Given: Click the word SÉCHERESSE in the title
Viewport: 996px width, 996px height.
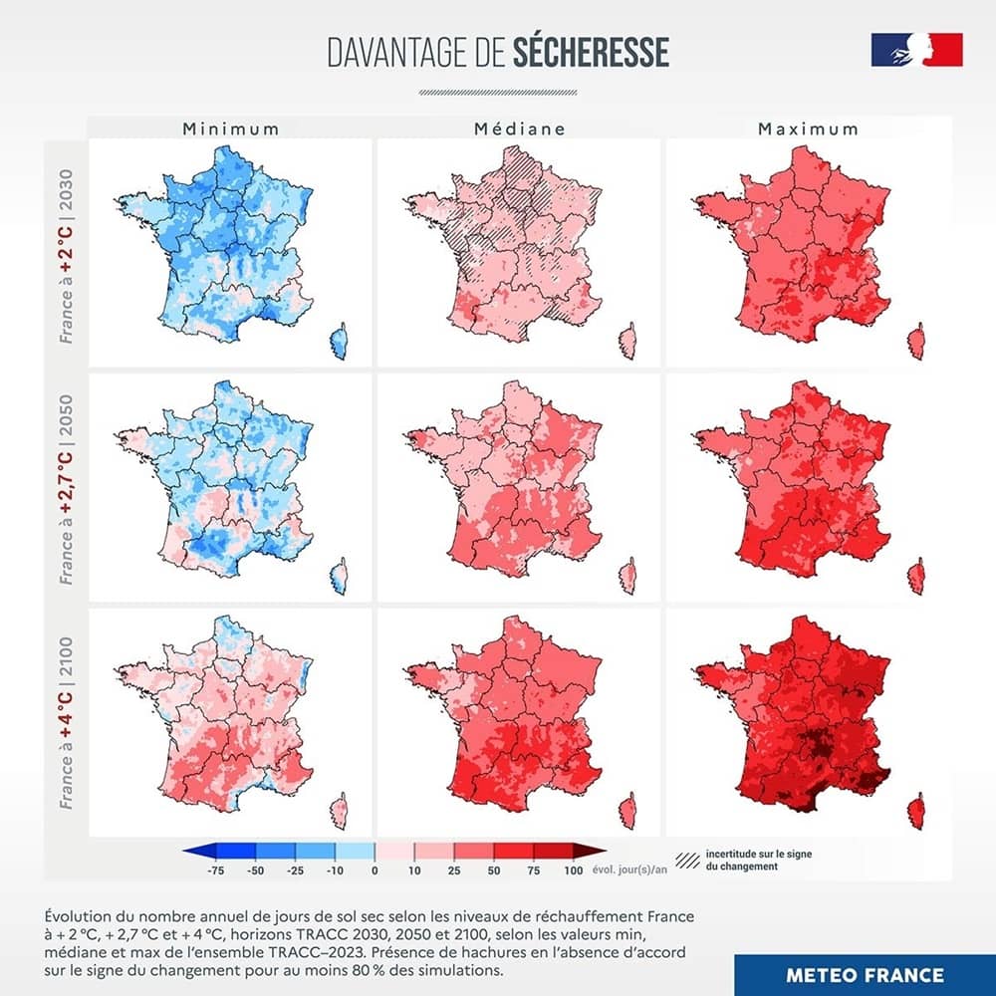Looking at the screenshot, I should tap(591, 54).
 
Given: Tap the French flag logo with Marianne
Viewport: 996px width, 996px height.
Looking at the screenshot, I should tap(916, 50).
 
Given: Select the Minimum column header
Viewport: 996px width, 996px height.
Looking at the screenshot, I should tap(230, 128).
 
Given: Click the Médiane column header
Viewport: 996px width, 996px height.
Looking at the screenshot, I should tap(519, 128).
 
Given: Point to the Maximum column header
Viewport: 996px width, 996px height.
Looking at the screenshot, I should tap(808, 128).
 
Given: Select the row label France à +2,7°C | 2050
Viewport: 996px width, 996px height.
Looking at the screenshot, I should tap(67, 488).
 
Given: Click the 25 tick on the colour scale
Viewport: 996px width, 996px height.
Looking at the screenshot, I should tap(453, 871).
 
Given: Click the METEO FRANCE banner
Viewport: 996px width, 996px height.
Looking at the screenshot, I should tap(864, 974).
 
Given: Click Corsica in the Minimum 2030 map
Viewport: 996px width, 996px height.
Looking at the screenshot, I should tap(340, 342).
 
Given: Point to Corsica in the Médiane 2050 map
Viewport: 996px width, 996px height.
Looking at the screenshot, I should tap(627, 578).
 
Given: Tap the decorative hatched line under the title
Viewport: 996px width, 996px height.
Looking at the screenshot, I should tap(497, 92).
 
